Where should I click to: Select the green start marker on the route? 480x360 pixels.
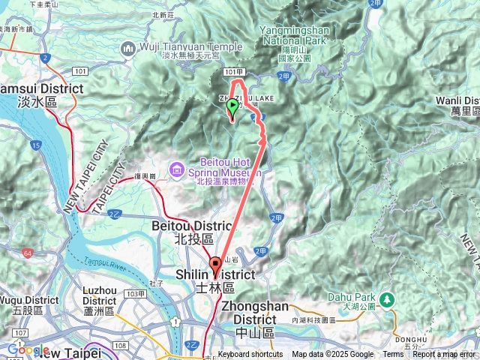click(232, 109)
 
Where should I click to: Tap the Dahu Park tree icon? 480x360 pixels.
click(387, 299)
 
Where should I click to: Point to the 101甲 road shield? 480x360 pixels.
click(232, 72)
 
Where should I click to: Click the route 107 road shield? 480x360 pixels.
click(19, 332)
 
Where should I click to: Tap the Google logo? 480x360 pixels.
click(28, 349)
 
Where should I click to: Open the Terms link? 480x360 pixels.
click(392, 355)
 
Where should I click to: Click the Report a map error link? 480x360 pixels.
click(443, 355)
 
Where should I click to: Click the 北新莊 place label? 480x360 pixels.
click(161, 14)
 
